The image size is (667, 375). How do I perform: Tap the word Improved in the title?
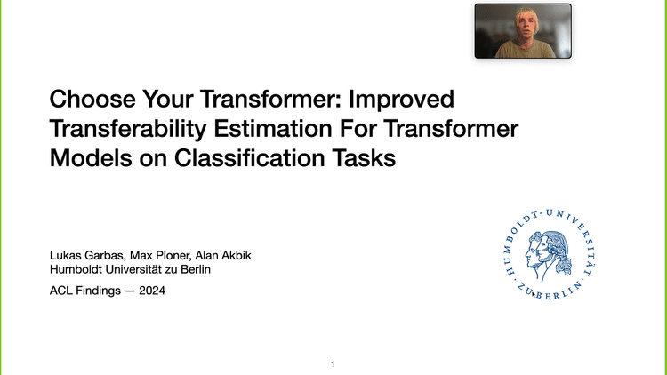pyautogui.click(x=405, y=98)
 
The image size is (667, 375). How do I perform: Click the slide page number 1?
pyautogui.click(x=333, y=364)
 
